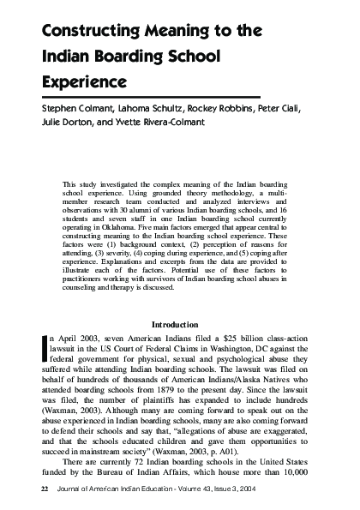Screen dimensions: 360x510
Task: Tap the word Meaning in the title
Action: tap(177, 32)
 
